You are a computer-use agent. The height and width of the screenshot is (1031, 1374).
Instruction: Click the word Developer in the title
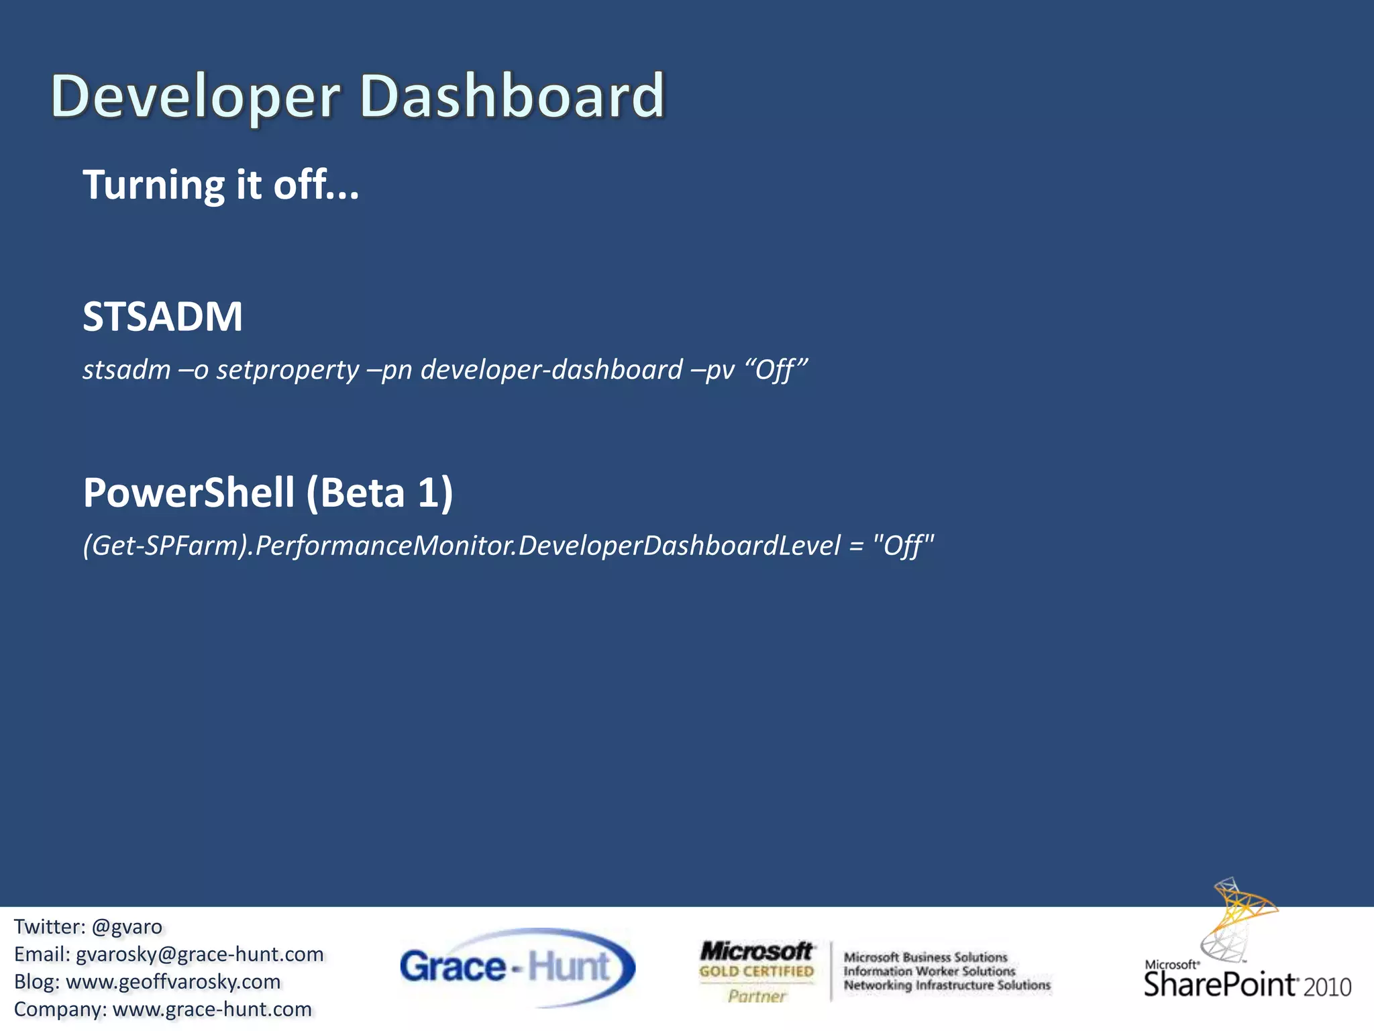pyautogui.click(x=195, y=97)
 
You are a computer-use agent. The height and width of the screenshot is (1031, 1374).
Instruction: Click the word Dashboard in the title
pyautogui.click(x=511, y=96)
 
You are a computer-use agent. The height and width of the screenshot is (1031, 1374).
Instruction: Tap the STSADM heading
pyautogui.click(x=162, y=317)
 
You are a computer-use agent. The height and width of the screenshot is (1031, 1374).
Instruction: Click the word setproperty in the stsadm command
pyautogui.click(x=287, y=371)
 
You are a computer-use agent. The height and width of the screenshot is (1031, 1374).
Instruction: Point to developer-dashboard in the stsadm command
pyautogui.click(x=551, y=370)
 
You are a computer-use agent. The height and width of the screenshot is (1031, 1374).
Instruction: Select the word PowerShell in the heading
pyautogui.click(x=189, y=493)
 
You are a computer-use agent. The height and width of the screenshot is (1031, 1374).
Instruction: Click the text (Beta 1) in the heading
pyautogui.click(x=380, y=493)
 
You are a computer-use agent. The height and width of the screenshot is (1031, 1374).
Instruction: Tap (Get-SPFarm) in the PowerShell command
pyautogui.click(x=166, y=546)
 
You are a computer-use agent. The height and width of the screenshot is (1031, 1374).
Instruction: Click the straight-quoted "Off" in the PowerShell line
pyautogui.click(x=903, y=546)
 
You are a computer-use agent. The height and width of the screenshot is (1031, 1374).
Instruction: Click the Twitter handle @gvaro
pyautogui.click(x=127, y=927)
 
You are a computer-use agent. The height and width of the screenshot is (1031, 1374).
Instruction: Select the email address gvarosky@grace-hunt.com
pyautogui.click(x=199, y=954)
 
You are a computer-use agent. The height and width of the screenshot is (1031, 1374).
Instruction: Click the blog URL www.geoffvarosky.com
pyautogui.click(x=173, y=982)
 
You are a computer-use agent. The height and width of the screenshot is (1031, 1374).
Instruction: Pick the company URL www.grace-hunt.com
pyautogui.click(x=212, y=1010)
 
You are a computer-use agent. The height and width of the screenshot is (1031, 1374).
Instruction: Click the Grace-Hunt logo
pyautogui.click(x=517, y=967)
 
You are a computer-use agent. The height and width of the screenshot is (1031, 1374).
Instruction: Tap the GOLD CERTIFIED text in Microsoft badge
pyautogui.click(x=756, y=971)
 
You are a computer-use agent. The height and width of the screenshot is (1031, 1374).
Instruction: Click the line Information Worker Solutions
pyautogui.click(x=929, y=971)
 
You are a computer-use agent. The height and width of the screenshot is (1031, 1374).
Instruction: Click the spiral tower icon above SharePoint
pyautogui.click(x=1238, y=920)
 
